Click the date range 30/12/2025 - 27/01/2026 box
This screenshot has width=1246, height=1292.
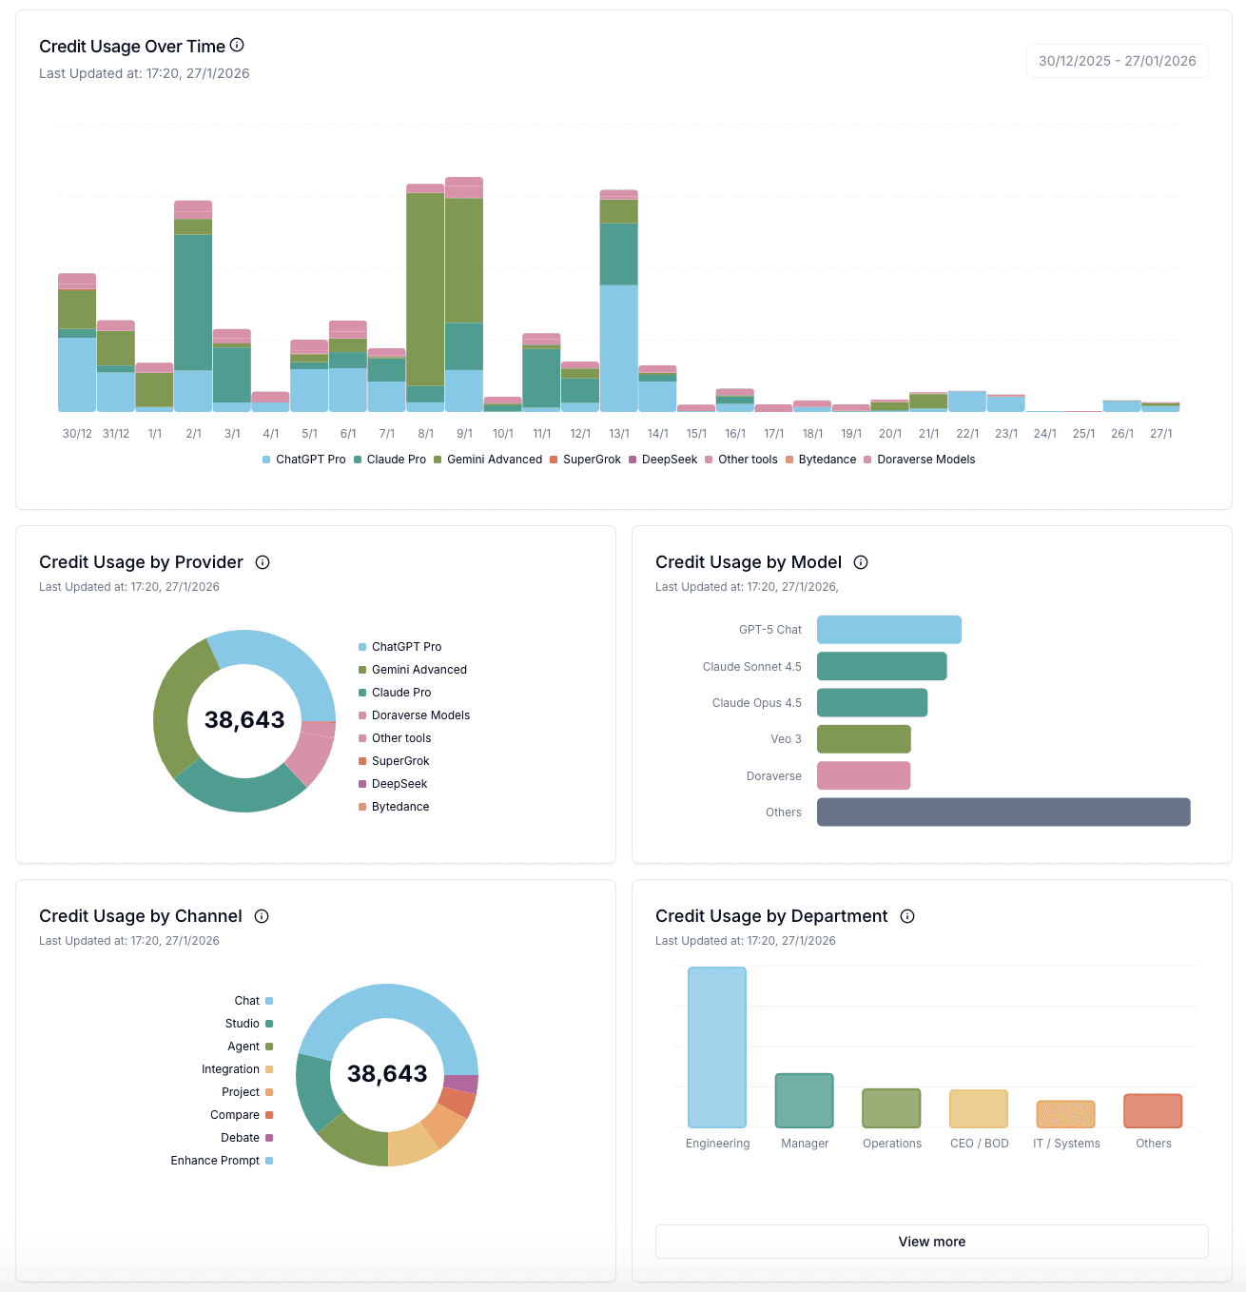point(1117,61)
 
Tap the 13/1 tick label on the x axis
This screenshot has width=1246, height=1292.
point(619,434)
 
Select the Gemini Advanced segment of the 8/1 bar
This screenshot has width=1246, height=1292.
point(425,289)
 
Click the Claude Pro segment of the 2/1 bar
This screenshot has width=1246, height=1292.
point(193,302)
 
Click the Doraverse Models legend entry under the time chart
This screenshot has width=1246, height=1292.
point(920,460)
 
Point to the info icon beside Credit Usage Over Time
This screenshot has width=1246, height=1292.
point(238,45)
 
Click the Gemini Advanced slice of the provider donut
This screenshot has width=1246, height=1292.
point(176,709)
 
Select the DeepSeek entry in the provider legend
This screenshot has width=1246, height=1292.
point(399,784)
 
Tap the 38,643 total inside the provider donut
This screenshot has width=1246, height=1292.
point(244,720)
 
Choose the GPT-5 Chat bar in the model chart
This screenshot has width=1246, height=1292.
point(888,630)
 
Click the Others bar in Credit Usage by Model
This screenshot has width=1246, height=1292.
point(1003,812)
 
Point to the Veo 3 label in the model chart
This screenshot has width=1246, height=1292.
point(786,739)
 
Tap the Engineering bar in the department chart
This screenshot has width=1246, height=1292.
point(717,1047)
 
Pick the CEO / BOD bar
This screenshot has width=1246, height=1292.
point(979,1109)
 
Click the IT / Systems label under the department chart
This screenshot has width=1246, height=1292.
point(1066,1144)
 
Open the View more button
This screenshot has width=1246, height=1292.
point(931,1242)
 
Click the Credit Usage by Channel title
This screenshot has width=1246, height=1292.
point(141,916)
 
